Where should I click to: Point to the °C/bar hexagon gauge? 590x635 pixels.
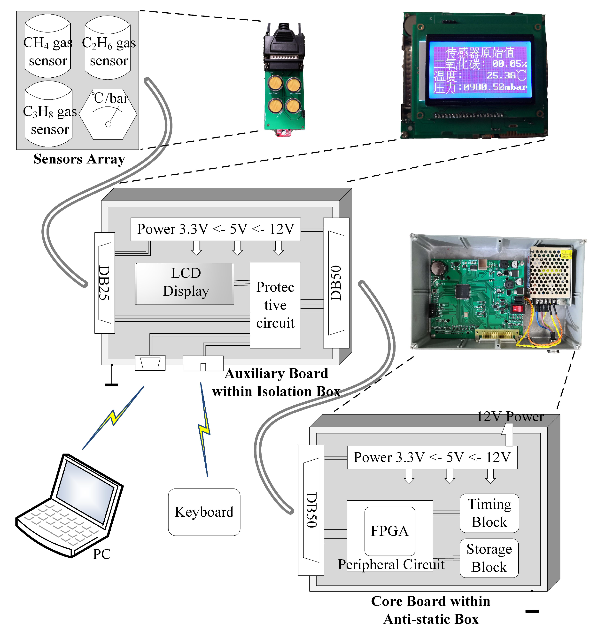pyautogui.click(x=108, y=114)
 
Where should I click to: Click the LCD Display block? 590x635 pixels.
pyautogui.click(x=184, y=283)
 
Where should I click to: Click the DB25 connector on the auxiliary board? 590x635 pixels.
pyautogui.click(x=104, y=283)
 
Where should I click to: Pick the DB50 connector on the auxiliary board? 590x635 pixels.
pyautogui.click(x=336, y=283)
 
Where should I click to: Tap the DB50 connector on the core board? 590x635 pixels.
pyautogui.click(x=311, y=510)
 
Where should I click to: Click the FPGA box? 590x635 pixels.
pyautogui.click(x=389, y=531)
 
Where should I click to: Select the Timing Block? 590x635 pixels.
pyautogui.click(x=489, y=513)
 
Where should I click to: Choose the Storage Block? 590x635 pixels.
pyautogui.click(x=489, y=558)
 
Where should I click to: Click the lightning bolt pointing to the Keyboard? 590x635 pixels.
pyautogui.click(x=204, y=430)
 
